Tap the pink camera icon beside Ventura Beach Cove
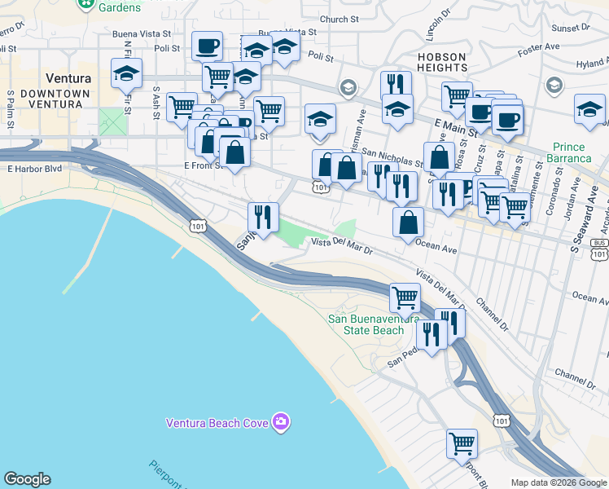coord(281,422)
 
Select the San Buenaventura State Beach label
coord(366,324)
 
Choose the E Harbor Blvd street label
coord(34,170)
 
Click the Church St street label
coord(339,19)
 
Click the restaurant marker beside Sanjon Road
coord(263,218)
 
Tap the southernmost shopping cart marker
coord(462,444)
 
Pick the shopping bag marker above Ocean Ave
coord(408,222)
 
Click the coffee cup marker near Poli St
coord(207,46)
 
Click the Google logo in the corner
coord(27,479)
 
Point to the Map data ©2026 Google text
coord(559,482)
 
